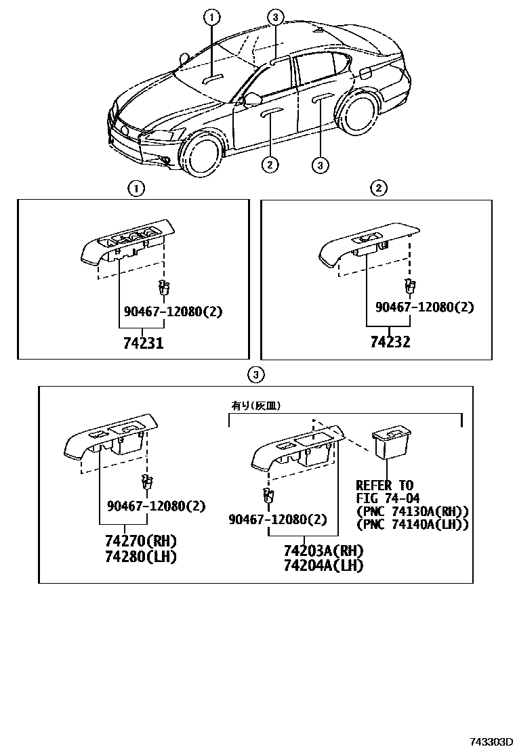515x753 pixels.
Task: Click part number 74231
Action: pyautogui.click(x=143, y=343)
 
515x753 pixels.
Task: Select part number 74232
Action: pyautogui.click(x=390, y=342)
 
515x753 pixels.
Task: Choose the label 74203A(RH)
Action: pyautogui.click(x=323, y=550)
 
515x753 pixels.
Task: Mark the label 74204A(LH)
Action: pyautogui.click(x=323, y=565)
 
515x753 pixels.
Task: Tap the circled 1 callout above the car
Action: pyautogui.click(x=212, y=16)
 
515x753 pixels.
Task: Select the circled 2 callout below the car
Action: pyautogui.click(x=269, y=163)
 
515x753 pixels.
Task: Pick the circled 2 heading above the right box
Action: pyautogui.click(x=378, y=188)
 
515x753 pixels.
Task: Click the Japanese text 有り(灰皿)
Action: pyautogui.click(x=256, y=406)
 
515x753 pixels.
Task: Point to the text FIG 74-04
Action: pyautogui.click(x=388, y=498)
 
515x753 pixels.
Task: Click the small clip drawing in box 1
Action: pyautogui.click(x=162, y=288)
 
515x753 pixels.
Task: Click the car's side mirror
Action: pyautogui.click(x=252, y=100)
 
